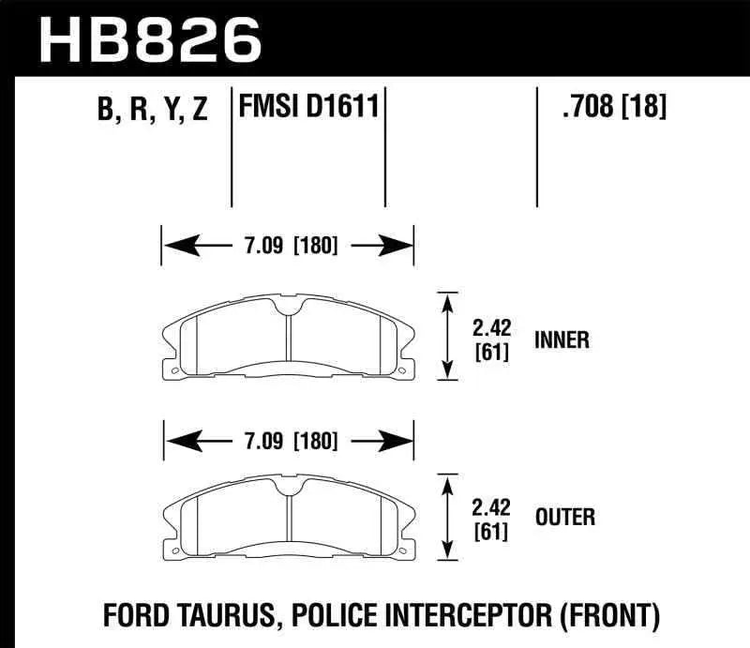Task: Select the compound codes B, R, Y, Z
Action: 151,111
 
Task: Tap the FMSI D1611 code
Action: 309,107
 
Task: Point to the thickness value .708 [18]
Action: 613,108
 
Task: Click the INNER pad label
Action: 562,339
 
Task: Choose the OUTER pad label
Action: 564,517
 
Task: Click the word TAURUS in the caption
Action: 235,615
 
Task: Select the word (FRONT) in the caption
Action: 610,615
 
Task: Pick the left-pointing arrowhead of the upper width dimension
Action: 175,248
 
